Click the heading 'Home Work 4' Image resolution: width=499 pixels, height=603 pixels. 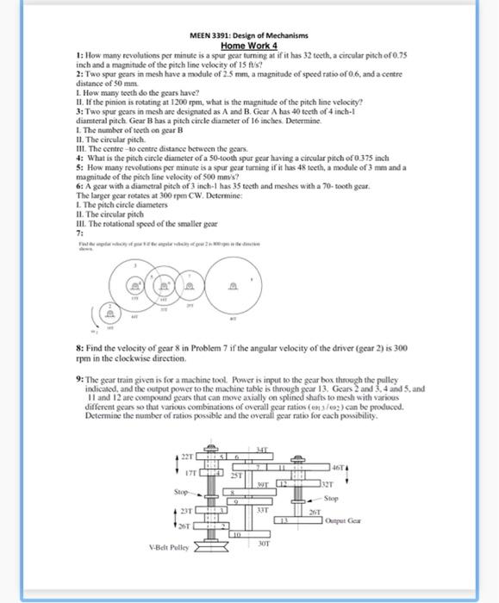pyautogui.click(x=249, y=45)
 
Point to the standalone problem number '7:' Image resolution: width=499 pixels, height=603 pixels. pyautogui.click(x=80, y=233)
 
